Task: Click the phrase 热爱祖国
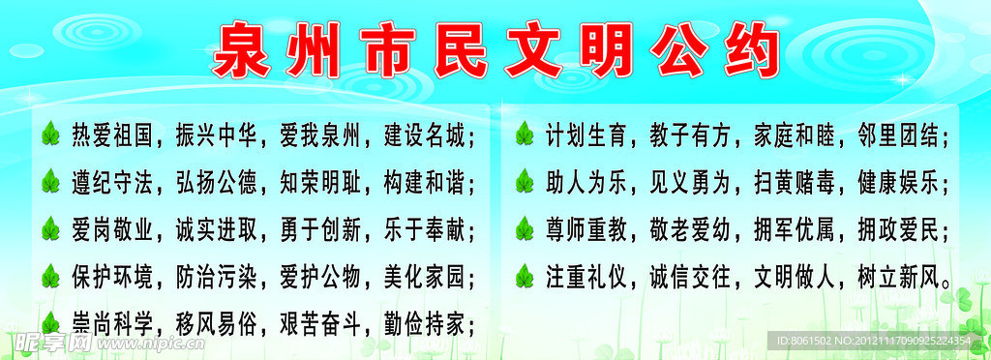tap(112, 135)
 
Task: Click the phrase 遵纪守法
tap(112, 181)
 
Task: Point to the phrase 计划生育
tap(586, 135)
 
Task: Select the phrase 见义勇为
tap(690, 181)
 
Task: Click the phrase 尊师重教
tap(586, 229)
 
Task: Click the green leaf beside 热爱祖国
tap(49, 135)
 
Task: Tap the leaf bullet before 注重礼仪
tap(524, 278)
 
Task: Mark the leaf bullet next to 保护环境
tap(49, 278)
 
